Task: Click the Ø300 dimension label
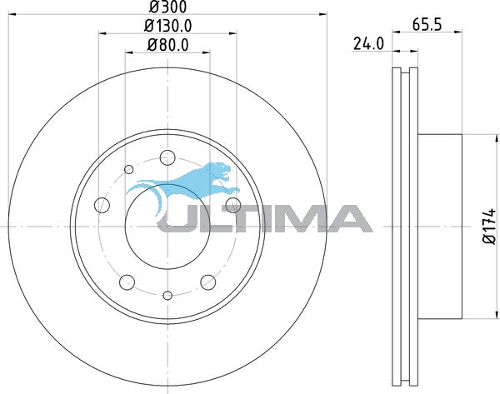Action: coord(167,7)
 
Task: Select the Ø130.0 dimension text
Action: coord(167,26)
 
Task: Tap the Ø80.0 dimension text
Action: coord(167,45)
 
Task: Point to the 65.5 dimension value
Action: coord(427,24)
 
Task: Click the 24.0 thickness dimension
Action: coord(368,43)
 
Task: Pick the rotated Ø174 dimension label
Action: coord(490,227)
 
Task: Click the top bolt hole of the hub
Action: coord(167,157)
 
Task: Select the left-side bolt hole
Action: coord(102,205)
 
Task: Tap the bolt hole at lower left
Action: coord(127,282)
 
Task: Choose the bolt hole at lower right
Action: coord(208,282)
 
